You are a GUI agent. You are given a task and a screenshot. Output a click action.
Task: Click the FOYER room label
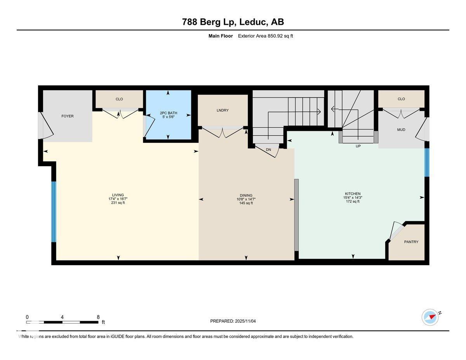(x=67, y=116)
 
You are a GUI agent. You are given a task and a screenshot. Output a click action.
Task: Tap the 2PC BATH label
(x=168, y=113)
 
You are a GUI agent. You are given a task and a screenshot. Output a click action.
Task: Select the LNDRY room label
(x=223, y=110)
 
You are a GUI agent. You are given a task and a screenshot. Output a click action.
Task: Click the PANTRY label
(x=411, y=242)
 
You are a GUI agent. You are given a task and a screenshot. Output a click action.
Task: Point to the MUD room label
(x=401, y=130)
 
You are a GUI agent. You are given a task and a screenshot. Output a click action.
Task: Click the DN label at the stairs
(x=268, y=150)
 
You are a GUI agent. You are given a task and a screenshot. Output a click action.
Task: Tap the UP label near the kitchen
(x=358, y=146)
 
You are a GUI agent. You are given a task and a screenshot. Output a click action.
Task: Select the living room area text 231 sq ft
(x=118, y=203)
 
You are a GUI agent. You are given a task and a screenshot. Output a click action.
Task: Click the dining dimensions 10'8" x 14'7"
(x=246, y=199)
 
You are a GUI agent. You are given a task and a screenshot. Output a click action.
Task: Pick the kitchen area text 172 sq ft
(x=353, y=202)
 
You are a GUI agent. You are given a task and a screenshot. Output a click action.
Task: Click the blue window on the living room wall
(x=54, y=212)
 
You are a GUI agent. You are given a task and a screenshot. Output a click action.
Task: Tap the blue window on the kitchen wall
(x=426, y=162)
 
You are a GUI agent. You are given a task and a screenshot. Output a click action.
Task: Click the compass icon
(x=430, y=317)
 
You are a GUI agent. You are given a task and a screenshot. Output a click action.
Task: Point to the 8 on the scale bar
(x=98, y=317)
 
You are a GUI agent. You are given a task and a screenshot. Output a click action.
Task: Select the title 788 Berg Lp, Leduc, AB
(x=233, y=22)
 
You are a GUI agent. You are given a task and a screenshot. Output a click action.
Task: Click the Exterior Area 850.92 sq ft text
(x=266, y=36)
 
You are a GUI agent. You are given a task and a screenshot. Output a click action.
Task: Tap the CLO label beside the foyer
(x=119, y=99)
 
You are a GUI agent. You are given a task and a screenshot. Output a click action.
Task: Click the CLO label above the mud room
(x=401, y=99)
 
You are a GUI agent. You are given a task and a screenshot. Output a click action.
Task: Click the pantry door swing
(x=396, y=231)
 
